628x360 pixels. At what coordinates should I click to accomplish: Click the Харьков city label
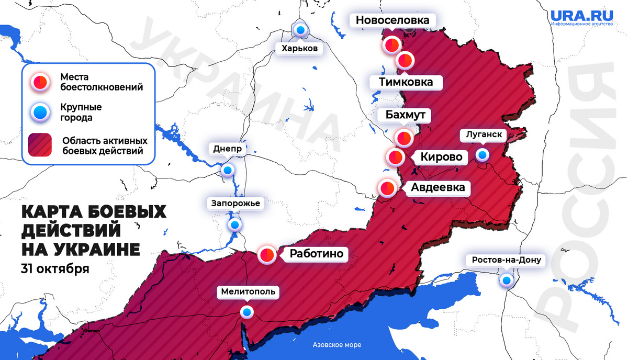point(299,49)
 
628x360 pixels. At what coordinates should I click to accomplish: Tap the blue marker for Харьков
point(301,30)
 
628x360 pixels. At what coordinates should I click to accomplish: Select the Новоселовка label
point(392,20)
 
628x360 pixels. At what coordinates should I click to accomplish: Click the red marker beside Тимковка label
point(405,61)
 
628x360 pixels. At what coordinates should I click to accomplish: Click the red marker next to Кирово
point(395,157)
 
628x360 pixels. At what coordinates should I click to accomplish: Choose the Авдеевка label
point(438,187)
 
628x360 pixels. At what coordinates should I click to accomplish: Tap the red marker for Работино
point(267,255)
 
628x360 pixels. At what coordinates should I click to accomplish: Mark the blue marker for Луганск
point(482,155)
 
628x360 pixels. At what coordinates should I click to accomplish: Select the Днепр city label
point(228,149)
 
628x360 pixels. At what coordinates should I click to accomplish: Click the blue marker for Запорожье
point(234,225)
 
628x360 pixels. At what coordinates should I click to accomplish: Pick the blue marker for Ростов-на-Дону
point(506,280)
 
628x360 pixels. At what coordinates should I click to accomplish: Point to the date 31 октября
point(54,269)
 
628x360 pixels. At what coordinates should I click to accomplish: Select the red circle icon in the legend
point(41,82)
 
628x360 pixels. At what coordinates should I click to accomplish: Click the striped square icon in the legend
point(41,147)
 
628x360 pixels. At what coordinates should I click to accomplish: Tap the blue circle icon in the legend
point(41,112)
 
